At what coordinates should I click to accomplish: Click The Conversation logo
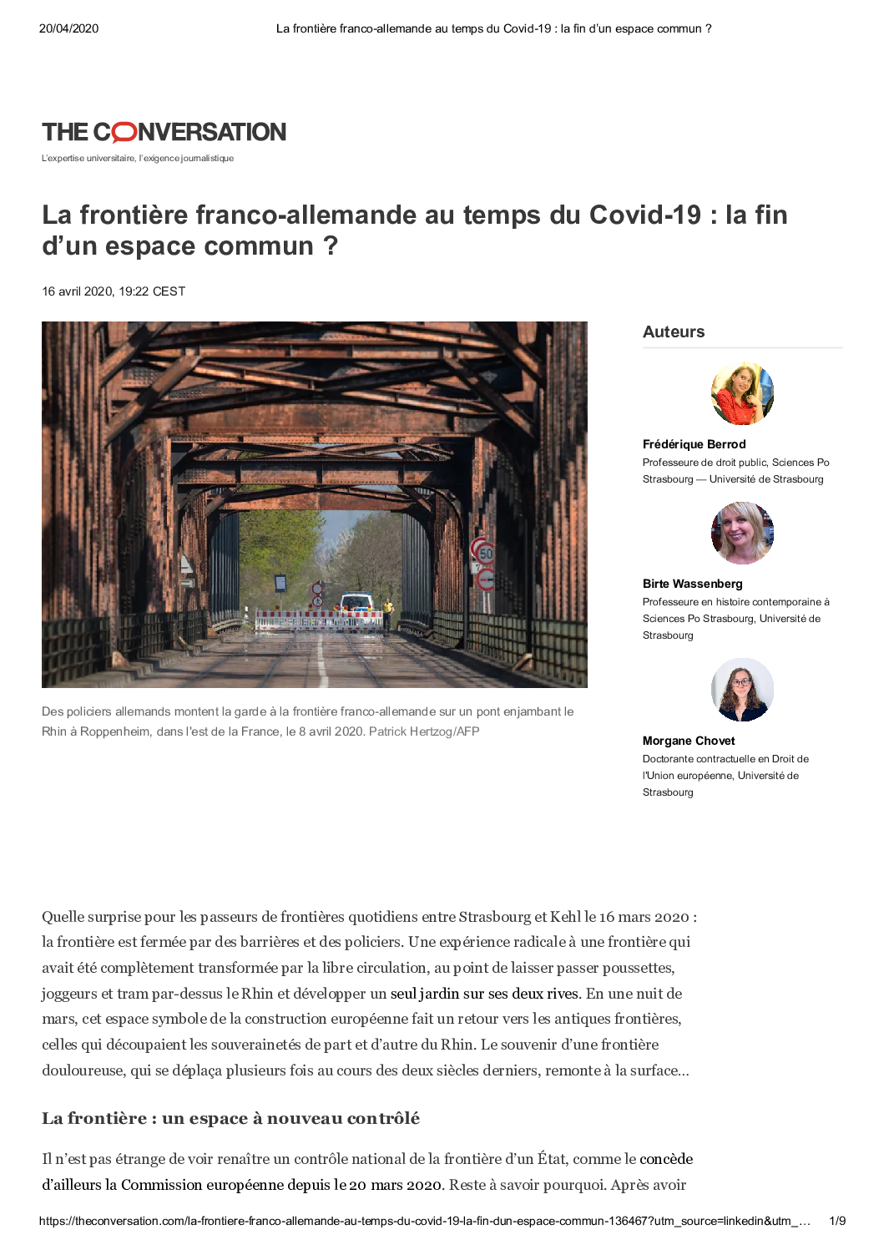[164, 132]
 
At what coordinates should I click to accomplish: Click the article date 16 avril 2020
[114, 291]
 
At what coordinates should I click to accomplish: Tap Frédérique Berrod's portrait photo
[742, 393]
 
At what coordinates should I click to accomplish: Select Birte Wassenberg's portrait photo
[742, 533]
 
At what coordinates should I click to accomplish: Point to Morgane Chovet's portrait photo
[742, 690]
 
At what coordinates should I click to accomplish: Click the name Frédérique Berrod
[694, 444]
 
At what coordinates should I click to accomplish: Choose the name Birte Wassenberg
[692, 584]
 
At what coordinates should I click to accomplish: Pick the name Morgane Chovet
[689, 741]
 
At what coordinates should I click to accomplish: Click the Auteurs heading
[674, 331]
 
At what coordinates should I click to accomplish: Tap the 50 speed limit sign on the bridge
[486, 553]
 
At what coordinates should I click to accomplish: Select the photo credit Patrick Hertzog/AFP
[424, 731]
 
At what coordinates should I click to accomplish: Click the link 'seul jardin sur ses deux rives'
[484, 994]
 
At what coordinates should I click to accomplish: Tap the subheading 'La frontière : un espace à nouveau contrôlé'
[231, 1118]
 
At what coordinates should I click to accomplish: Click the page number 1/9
[837, 1221]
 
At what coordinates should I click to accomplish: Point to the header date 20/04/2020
[68, 28]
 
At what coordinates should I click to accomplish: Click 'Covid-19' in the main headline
[645, 215]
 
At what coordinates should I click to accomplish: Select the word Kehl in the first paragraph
[565, 917]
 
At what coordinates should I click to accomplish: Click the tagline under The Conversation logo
[138, 159]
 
